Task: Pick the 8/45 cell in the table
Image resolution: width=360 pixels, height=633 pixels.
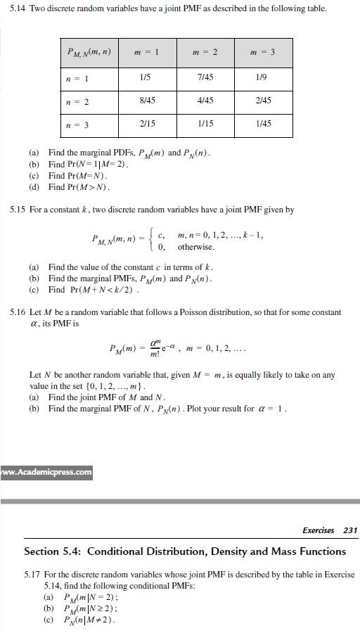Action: (x=148, y=101)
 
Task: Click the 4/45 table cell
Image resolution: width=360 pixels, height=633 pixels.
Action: (x=205, y=101)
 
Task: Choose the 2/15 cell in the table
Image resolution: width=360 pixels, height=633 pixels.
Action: (x=148, y=124)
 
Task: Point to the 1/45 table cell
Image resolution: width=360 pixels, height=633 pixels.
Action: (x=263, y=124)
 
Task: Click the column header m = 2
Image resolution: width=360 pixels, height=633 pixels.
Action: (x=205, y=52)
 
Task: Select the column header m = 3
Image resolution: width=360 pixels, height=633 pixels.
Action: (x=263, y=52)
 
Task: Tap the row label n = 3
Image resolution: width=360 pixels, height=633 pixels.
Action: (x=77, y=124)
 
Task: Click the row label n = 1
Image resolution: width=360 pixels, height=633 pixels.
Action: (x=77, y=77)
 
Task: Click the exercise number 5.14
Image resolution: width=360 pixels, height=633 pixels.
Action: (x=18, y=9)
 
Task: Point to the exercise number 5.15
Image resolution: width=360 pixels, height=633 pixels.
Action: (x=18, y=210)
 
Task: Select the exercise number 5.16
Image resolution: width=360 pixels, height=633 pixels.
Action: (x=18, y=312)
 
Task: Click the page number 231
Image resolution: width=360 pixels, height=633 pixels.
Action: (x=350, y=530)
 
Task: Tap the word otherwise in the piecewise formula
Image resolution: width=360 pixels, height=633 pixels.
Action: (x=196, y=247)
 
